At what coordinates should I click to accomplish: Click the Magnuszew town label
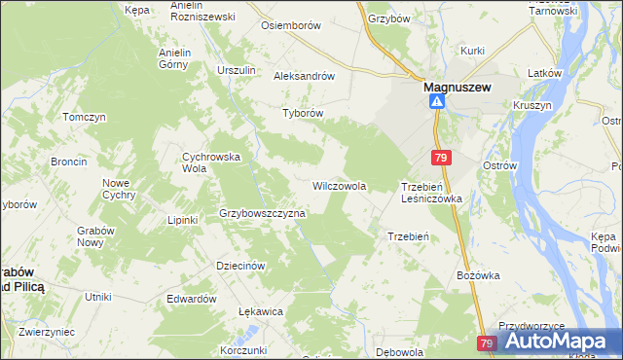[x=458, y=86]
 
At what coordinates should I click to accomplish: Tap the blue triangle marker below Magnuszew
[x=438, y=101]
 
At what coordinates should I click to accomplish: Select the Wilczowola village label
[x=339, y=185]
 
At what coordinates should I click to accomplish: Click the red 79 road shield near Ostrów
[x=442, y=158]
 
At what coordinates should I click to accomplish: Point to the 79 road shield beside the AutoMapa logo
[x=488, y=343]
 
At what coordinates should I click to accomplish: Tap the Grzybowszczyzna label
[x=263, y=213]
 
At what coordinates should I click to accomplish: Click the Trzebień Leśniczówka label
[x=431, y=192]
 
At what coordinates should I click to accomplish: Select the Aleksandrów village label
[x=305, y=76]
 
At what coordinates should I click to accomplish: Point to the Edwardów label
[x=191, y=299]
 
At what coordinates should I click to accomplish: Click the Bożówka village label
[x=478, y=275]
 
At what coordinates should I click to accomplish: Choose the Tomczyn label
[x=84, y=117]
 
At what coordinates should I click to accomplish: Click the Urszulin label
[x=237, y=70]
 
